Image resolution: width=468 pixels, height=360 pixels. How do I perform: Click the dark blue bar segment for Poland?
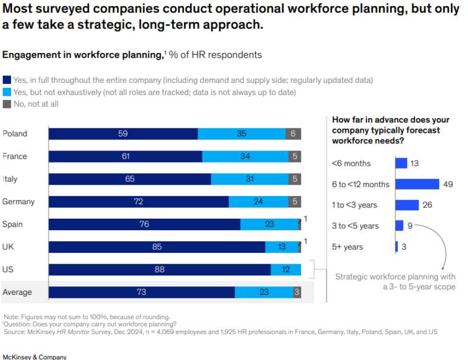point(123,134)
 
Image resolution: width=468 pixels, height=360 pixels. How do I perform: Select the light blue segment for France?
point(245,157)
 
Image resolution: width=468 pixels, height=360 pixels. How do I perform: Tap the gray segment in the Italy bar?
point(294,179)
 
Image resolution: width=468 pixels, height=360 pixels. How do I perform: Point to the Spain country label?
point(12,224)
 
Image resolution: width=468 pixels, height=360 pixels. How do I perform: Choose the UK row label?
point(9,247)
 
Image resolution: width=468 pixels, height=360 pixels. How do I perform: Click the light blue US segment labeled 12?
point(286,269)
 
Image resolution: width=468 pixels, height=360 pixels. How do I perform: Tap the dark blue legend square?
point(7,80)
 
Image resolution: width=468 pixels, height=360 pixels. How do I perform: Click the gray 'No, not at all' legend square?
point(7,104)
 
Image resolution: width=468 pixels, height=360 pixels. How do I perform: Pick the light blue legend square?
point(7,92)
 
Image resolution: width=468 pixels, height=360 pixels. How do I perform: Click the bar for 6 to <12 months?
point(417,184)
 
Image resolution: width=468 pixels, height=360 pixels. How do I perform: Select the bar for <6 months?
point(401,163)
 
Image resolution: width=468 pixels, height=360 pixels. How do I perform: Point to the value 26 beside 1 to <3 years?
point(427,205)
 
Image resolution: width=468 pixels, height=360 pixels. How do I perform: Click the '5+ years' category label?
point(347,247)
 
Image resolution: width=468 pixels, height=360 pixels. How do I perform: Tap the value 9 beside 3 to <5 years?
point(409,226)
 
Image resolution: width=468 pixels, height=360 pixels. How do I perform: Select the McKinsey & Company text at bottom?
point(35,356)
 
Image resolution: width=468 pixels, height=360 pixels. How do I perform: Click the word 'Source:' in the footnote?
point(15,332)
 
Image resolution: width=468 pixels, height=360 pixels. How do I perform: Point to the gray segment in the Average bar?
point(297,292)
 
